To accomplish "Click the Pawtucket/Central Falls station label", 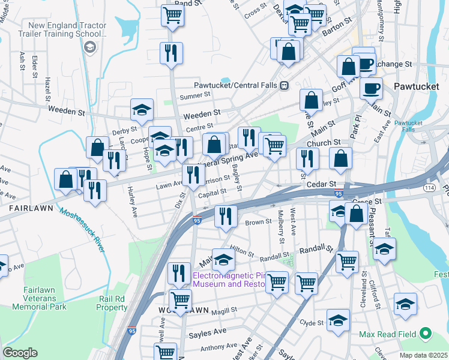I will click(x=236, y=85).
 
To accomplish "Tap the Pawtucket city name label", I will click(x=416, y=86).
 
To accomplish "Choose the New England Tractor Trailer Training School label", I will click(x=67, y=31).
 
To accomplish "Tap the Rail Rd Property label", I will click(x=112, y=302).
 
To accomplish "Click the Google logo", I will click(x=20, y=353).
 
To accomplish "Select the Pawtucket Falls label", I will click(x=409, y=126).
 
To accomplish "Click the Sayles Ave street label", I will click(x=207, y=332).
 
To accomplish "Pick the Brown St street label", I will click(x=259, y=222).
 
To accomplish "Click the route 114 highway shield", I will click(x=430, y=188).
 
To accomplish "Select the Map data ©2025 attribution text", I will click(x=423, y=355).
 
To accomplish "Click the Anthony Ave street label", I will click(x=219, y=347).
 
